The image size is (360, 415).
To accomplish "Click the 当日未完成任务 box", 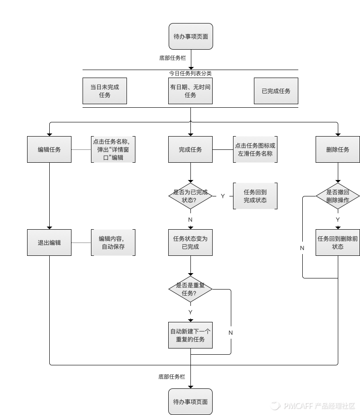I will click(x=105, y=91).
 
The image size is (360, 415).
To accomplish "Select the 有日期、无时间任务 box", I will click(x=190, y=91).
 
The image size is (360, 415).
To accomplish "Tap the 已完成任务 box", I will click(x=276, y=91).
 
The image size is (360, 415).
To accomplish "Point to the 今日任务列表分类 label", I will click(x=190, y=73).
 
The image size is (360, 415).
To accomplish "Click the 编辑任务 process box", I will click(x=49, y=149).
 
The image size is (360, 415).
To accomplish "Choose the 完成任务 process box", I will click(x=190, y=149).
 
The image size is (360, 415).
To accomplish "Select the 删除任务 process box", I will click(x=338, y=149).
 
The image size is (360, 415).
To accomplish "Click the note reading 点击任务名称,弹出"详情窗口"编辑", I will click(x=113, y=149).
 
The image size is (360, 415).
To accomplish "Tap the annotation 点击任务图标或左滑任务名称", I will click(x=255, y=149).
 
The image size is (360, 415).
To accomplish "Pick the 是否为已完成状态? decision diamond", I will click(x=190, y=196).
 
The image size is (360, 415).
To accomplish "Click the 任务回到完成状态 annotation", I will click(x=255, y=196).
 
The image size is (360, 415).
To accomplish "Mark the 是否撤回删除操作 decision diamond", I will click(x=338, y=196).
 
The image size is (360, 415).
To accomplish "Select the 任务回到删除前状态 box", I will click(x=338, y=242).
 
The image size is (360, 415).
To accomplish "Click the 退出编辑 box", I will click(x=49, y=243).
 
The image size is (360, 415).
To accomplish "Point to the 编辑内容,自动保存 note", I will click(x=113, y=243).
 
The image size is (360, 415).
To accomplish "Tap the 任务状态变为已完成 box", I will click(x=190, y=243).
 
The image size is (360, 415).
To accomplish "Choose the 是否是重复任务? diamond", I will click(x=190, y=289).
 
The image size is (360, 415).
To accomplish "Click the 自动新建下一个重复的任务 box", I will click(x=190, y=335).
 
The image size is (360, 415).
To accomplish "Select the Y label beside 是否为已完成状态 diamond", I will click(x=223, y=196).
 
